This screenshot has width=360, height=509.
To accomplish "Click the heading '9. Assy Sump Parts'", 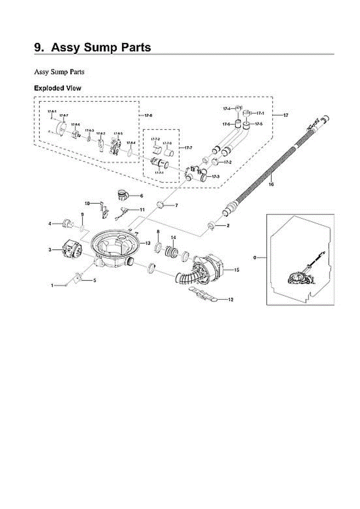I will point(92,47).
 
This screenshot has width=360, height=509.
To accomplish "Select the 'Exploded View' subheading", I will point(57,88).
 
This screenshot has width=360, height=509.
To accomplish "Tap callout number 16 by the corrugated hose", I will point(271,184).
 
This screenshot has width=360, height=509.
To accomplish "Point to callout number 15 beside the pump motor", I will point(237,269).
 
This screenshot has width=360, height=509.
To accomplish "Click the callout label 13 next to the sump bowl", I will point(148,243).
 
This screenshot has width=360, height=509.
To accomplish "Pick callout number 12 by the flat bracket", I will point(231,299).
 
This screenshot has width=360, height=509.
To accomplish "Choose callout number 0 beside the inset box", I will point(254,257).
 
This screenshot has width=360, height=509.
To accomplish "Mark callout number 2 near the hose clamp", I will point(228,226).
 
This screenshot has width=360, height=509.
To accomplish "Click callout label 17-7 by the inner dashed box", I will point(188,147).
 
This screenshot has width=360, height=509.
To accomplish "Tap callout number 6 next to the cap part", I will point(141,196).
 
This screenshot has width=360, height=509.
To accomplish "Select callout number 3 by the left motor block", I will point(50,250).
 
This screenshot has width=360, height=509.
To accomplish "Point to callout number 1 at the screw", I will point(53,286).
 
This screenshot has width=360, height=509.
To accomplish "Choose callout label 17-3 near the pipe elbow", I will point(215,176).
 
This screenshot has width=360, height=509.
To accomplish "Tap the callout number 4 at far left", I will point(50,223).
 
